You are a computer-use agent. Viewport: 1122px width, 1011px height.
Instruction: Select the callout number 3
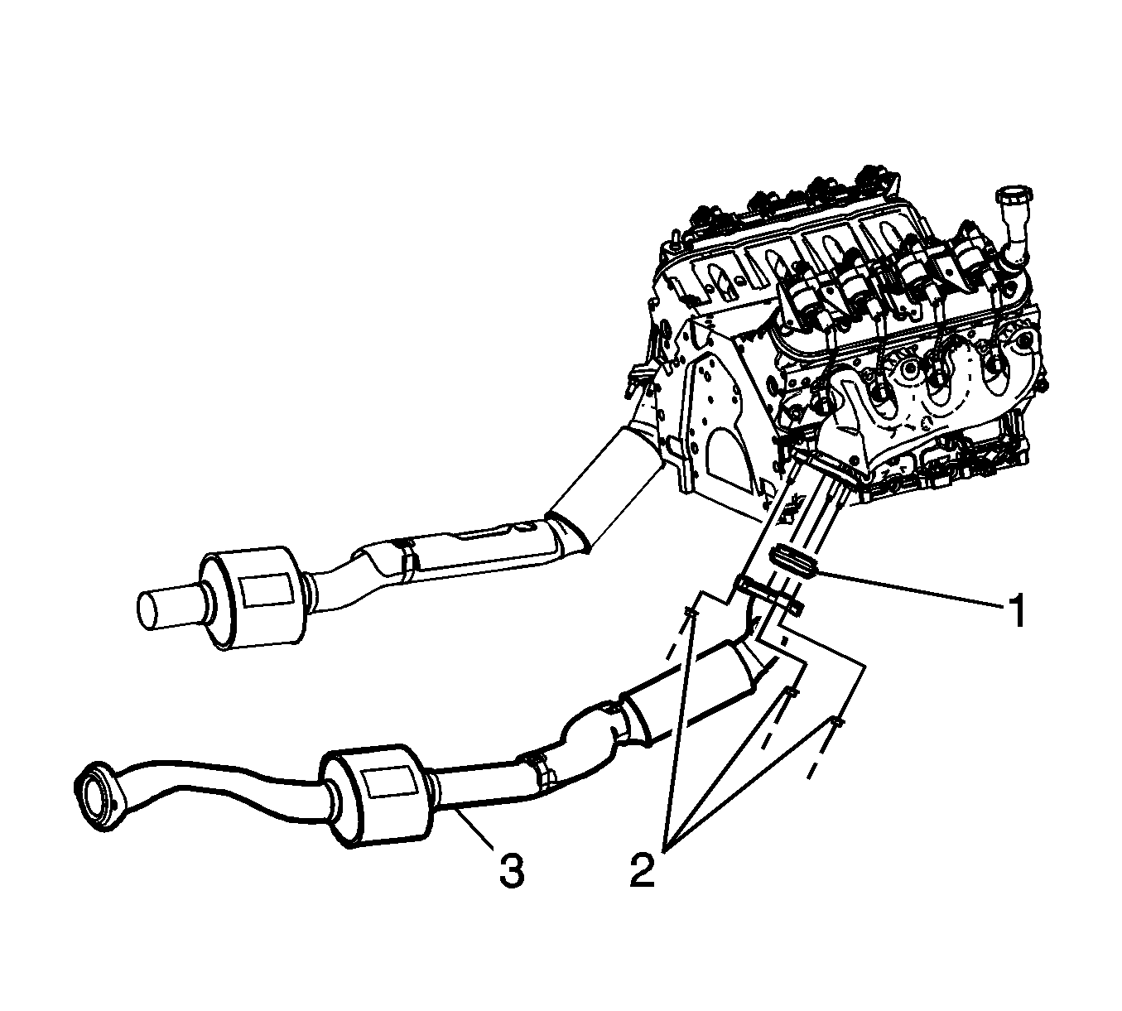(x=513, y=878)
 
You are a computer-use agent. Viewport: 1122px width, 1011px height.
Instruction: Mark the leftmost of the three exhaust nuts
(x=692, y=614)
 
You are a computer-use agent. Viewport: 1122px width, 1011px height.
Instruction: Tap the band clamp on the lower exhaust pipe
(x=537, y=767)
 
